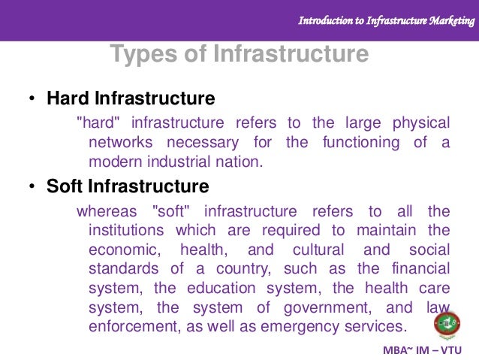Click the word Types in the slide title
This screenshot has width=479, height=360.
[141, 55]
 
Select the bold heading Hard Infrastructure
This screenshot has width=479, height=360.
[131, 98]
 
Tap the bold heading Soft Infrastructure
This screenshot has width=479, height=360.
[128, 185]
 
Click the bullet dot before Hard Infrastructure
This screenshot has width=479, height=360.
[32, 99]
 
